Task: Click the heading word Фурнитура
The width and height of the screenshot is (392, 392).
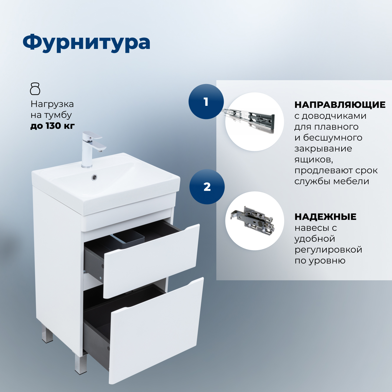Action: (x=86, y=43)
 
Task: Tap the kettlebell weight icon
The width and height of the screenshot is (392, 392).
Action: (x=35, y=89)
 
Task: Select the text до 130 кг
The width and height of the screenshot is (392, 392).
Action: (x=52, y=126)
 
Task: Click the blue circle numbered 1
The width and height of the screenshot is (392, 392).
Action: (x=206, y=102)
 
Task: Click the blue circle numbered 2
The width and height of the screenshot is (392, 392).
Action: (x=207, y=187)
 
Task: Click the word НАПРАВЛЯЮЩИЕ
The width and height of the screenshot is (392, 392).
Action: (x=340, y=105)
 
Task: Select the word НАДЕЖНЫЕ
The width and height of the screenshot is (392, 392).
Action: (x=325, y=217)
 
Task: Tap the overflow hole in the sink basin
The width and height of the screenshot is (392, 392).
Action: (x=94, y=177)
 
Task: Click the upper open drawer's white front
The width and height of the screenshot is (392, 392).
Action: (x=150, y=261)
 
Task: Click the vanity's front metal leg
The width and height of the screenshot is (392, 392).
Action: (x=80, y=364)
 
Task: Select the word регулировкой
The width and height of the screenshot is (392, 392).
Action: (x=328, y=250)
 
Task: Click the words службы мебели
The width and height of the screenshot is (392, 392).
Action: (x=332, y=181)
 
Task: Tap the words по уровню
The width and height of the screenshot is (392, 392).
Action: (x=320, y=261)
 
